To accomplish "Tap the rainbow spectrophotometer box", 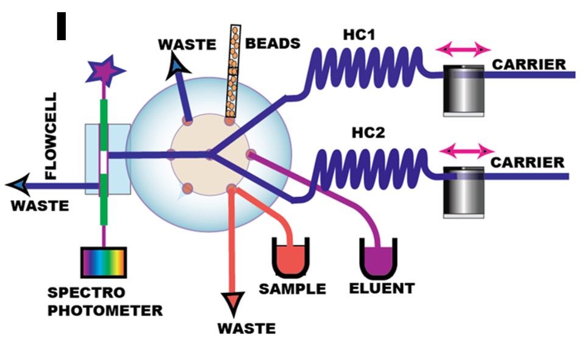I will pyautogui.click(x=104, y=263).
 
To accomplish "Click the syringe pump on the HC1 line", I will pyautogui.click(x=463, y=90).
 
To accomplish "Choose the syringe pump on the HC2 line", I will pyautogui.click(x=461, y=191).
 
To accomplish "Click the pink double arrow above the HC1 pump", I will pyautogui.click(x=465, y=48).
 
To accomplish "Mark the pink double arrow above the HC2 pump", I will pyautogui.click(x=465, y=150).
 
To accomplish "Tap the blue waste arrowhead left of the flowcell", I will pyautogui.click(x=16, y=183).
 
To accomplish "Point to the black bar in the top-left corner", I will pyautogui.click(x=61, y=26).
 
